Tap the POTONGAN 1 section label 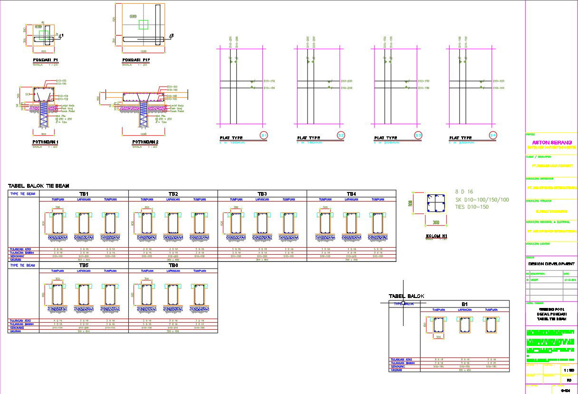click(45, 142)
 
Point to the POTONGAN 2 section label click(145, 142)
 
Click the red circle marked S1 click(264, 135)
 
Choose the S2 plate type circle click(341, 135)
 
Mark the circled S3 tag click(418, 135)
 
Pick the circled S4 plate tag click(492, 135)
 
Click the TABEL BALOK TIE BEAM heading click(39, 186)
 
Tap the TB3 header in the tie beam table click(262, 194)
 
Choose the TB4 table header click(351, 194)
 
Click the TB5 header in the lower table click(84, 265)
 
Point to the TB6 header click(173, 265)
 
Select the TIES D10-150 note click(472, 207)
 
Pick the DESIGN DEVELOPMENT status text click(551, 264)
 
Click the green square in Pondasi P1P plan click(144, 25)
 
